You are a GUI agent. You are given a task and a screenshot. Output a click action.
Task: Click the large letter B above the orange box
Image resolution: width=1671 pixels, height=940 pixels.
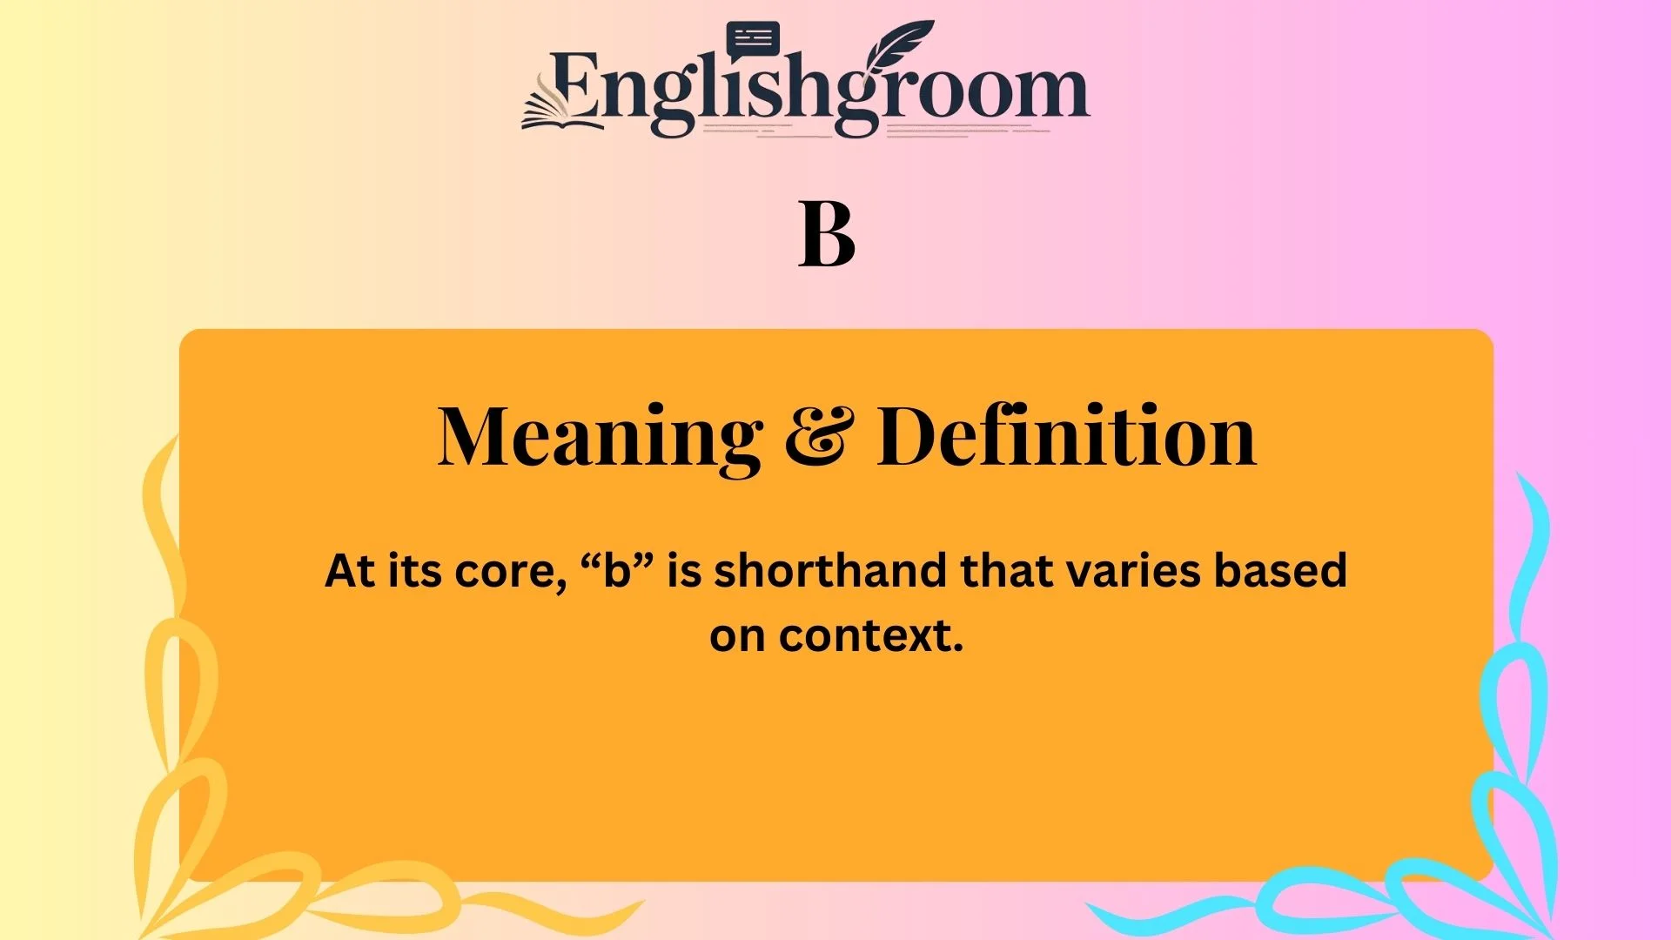(x=827, y=235)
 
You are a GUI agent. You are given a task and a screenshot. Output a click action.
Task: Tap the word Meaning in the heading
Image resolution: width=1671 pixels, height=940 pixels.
(x=600, y=437)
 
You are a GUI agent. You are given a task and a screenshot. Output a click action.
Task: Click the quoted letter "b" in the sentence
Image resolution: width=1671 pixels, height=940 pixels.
(x=617, y=572)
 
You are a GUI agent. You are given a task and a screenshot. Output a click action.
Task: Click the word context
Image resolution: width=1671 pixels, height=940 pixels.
(x=871, y=636)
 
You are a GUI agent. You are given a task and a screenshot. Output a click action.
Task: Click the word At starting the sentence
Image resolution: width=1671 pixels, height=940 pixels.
(x=350, y=572)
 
